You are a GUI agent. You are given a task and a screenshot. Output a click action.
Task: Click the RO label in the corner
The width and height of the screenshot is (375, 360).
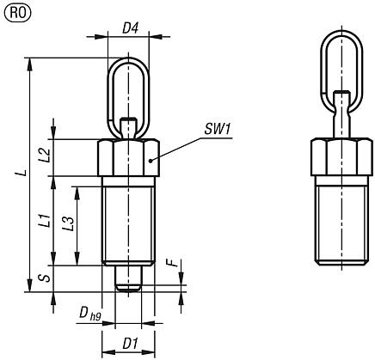coord(14,11)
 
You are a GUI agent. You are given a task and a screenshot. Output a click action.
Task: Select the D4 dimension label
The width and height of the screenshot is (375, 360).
coord(130,27)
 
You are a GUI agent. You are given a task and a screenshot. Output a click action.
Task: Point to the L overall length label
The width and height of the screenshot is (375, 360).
coord(23,173)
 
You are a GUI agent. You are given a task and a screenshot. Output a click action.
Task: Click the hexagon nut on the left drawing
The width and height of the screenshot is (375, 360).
coord(127,157)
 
